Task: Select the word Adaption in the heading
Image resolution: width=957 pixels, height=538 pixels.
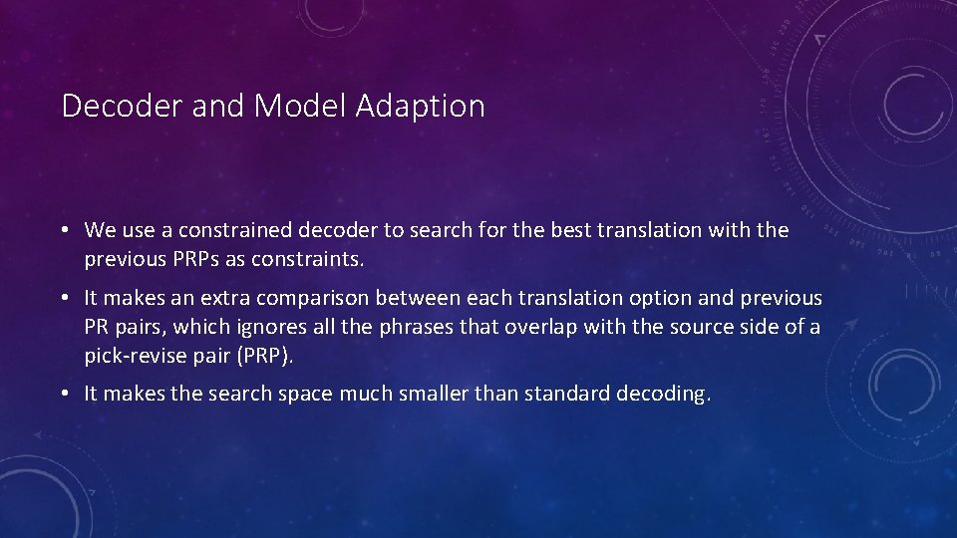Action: pyautogui.click(x=420, y=105)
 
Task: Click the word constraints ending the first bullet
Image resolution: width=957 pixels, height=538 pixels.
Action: pyautogui.click(x=312, y=260)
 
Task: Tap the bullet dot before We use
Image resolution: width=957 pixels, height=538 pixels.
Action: pyautogui.click(x=63, y=230)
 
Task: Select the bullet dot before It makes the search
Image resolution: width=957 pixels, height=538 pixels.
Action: pyautogui.click(x=63, y=394)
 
